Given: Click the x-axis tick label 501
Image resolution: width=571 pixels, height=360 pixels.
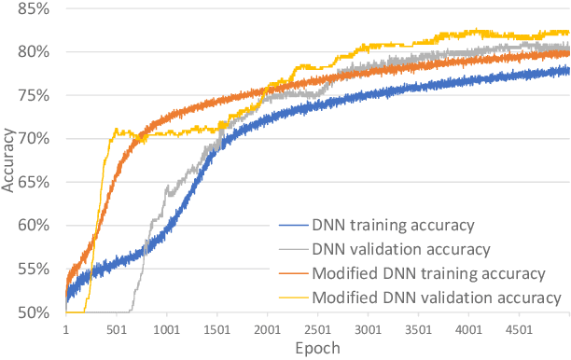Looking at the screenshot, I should click(117, 329).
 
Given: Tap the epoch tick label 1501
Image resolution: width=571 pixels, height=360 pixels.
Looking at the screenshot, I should click(217, 329).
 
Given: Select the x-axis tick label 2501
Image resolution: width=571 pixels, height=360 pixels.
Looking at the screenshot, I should click(318, 329).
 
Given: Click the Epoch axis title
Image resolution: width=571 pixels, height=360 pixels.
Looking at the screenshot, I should click(317, 348).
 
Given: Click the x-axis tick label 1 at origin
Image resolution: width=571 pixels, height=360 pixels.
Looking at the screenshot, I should click(65, 329).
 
